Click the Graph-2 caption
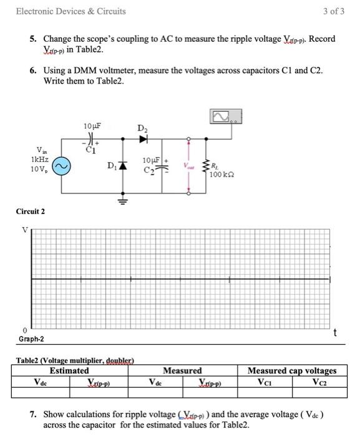pyautogui.click(x=31, y=339)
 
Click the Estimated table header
pyautogui.click(x=69, y=370)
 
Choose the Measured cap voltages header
pyautogui.click(x=292, y=370)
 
